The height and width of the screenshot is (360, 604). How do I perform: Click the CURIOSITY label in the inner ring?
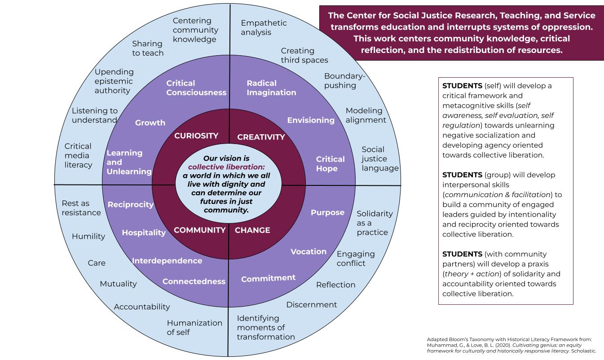point(196,136)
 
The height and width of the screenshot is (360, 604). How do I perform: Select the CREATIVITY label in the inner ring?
point(261,137)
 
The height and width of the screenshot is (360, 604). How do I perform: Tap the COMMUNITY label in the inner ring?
point(199,230)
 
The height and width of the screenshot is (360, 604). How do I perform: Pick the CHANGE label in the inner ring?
point(252,230)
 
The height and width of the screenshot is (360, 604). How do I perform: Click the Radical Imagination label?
point(271,88)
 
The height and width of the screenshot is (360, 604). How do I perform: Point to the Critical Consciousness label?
point(196,88)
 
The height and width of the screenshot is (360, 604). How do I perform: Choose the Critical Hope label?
point(330,164)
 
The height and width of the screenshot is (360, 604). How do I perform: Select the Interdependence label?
point(167,261)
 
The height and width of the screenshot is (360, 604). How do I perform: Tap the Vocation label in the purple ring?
point(309,251)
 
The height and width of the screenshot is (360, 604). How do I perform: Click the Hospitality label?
point(144,233)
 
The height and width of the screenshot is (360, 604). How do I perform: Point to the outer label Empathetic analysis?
point(264,27)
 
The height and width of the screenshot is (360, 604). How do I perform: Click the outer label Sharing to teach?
point(147,48)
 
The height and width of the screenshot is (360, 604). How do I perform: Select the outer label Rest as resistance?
point(81,208)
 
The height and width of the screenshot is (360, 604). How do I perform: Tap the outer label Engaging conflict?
point(356,259)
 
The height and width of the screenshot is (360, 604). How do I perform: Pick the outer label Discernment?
point(312,305)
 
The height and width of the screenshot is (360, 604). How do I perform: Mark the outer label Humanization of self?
point(194,327)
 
